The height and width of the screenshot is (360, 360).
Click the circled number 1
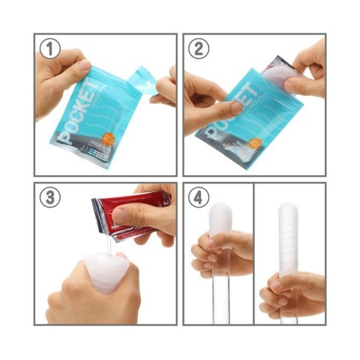49,48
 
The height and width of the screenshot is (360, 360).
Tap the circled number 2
198,48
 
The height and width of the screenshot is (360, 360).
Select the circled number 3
49,198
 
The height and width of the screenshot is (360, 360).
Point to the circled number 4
198,198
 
